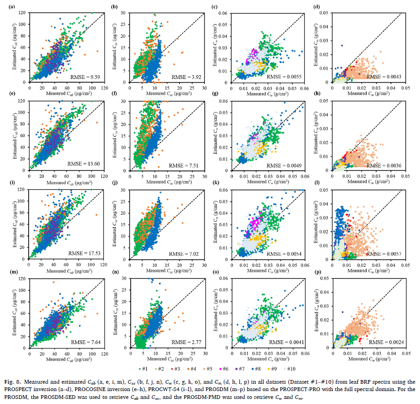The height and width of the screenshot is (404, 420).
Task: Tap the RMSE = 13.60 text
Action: (x=85, y=165)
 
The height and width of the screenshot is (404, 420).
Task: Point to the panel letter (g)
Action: (x=215, y=94)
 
